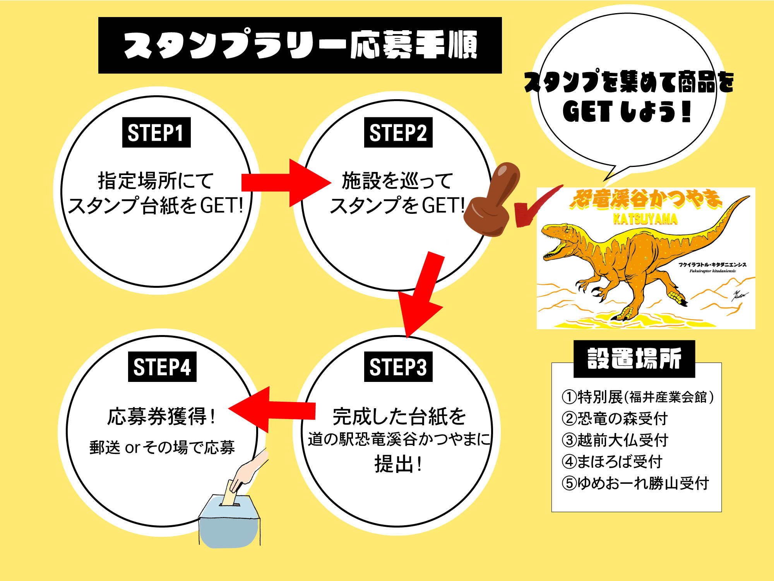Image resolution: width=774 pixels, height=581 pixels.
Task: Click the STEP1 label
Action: tap(156, 132)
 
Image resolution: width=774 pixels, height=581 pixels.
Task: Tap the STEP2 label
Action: tap(398, 132)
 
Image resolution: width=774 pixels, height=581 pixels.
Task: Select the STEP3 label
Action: tap(398, 367)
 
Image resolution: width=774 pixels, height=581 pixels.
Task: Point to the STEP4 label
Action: tap(162, 367)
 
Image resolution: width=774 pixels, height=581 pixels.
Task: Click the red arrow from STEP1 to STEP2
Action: tap(286, 182)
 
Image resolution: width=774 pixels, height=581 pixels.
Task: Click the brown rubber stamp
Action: tap(491, 201)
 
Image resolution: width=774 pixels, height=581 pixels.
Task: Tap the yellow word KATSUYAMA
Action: tap(645, 219)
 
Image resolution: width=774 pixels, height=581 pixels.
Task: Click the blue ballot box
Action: tap(228, 523)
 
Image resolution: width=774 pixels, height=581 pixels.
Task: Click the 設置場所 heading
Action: tap(634, 359)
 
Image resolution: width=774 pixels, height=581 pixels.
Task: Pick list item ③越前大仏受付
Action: tap(615, 440)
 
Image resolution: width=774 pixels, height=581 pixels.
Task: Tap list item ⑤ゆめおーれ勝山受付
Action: tap(635, 483)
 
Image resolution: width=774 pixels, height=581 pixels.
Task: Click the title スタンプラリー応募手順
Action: tap(300, 45)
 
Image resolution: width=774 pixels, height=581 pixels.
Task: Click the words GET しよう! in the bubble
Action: tap(627, 112)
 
